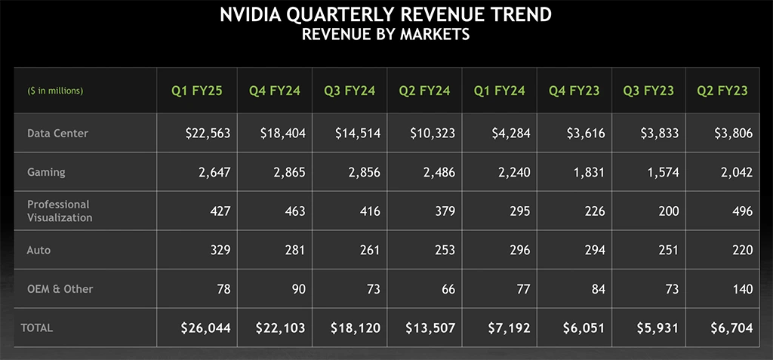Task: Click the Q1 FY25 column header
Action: click(x=197, y=91)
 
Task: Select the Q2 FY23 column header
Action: click(x=722, y=91)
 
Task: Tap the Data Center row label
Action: click(x=57, y=134)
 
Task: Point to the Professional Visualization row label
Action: click(x=60, y=211)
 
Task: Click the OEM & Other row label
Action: click(x=60, y=289)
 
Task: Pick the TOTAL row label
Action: click(x=37, y=328)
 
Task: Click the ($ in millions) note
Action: click(x=55, y=91)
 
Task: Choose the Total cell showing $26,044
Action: click(x=205, y=328)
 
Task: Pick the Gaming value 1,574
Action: click(x=661, y=172)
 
